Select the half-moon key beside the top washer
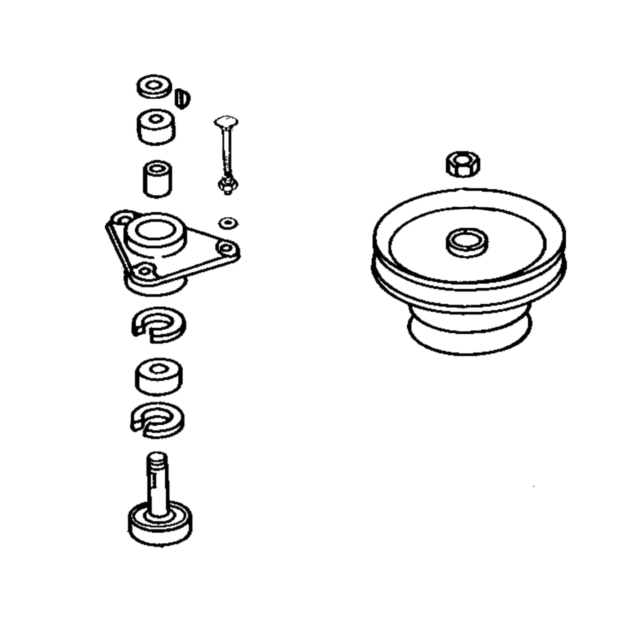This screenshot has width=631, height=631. click(x=182, y=98)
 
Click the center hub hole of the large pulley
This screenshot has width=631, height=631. click(x=467, y=241)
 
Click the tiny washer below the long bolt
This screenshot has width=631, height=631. click(x=228, y=223)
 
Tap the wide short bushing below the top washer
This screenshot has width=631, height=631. click(x=156, y=127)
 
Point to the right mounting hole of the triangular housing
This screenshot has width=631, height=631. click(x=226, y=248)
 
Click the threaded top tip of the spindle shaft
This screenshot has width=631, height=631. click(x=157, y=457)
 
